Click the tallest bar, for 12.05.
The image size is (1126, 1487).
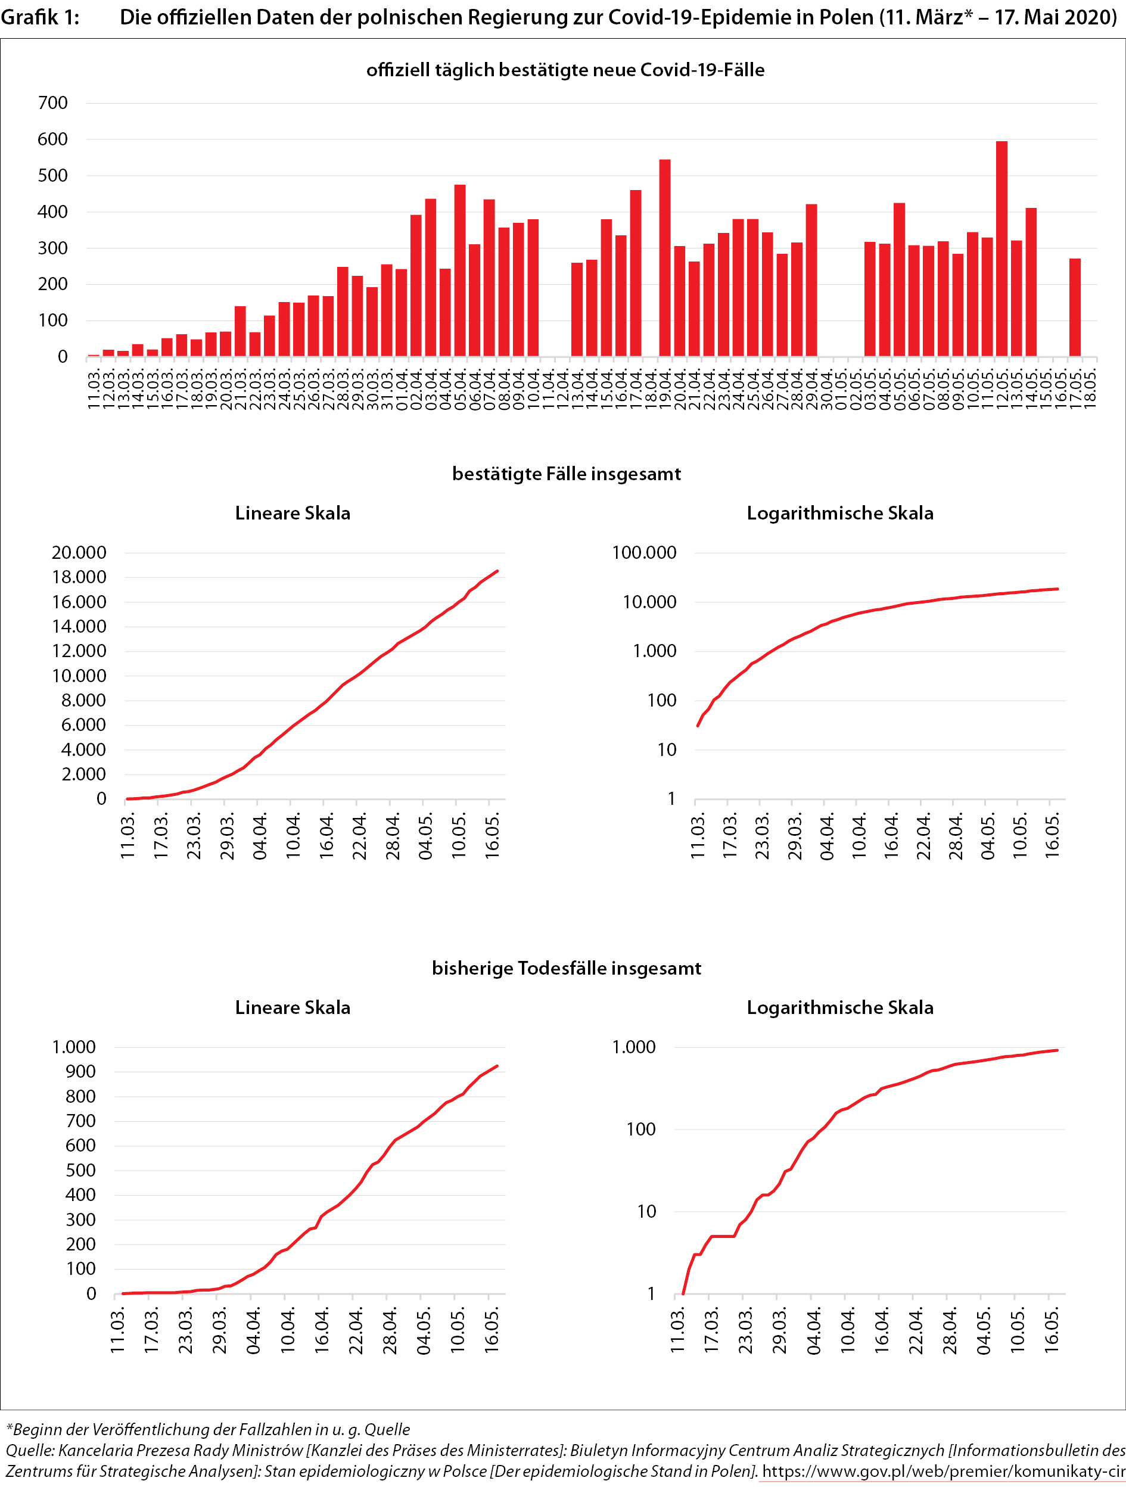[x=1001, y=249]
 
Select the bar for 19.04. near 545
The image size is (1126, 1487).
[x=665, y=258]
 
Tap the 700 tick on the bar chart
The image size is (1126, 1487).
[x=53, y=104]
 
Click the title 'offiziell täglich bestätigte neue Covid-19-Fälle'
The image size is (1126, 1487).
[x=565, y=70]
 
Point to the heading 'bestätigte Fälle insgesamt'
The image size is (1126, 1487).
[x=566, y=474]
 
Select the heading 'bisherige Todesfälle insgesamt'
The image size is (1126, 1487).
[x=566, y=968]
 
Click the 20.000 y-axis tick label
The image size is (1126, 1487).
[x=79, y=553]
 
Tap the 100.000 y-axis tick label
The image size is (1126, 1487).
[x=644, y=553]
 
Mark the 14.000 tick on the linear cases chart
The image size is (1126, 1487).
[x=79, y=627]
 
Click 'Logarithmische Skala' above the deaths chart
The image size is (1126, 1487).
[x=839, y=1007]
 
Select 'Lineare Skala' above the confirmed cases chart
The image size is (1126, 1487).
[x=293, y=514]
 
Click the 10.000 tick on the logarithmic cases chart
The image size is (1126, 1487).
[x=649, y=602]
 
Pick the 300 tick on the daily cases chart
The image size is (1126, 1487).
[x=53, y=248]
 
